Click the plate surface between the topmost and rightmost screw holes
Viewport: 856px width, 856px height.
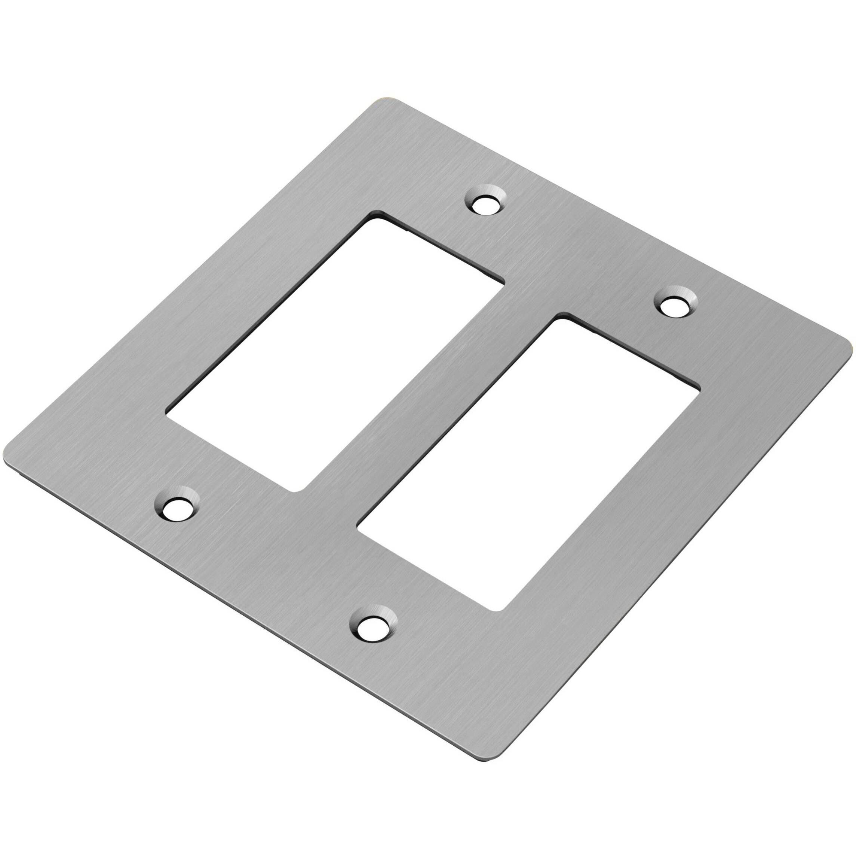(x=580, y=252)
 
